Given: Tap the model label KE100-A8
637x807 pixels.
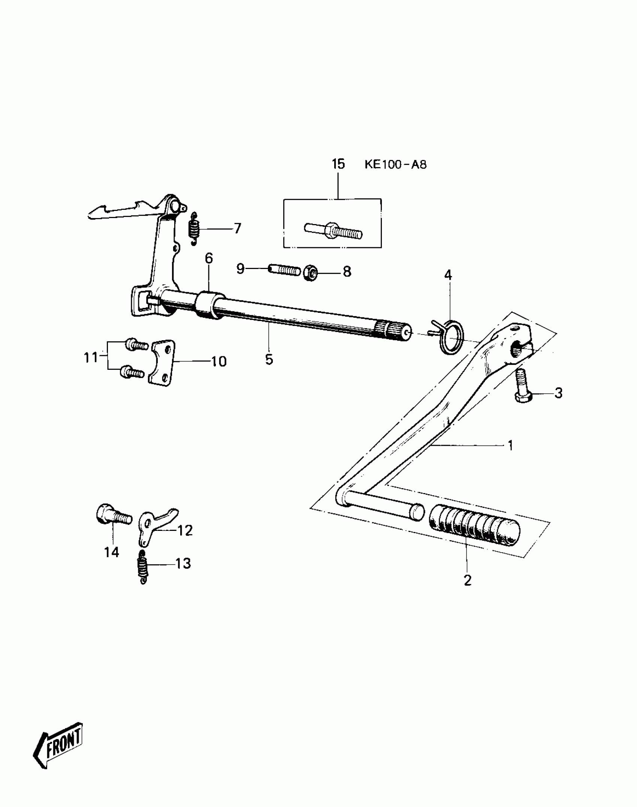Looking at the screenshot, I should pos(395,165).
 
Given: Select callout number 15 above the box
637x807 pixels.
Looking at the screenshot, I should pos(338,164).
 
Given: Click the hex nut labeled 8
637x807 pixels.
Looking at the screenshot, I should pos(310,273).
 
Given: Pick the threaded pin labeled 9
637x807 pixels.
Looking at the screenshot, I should pos(284,270).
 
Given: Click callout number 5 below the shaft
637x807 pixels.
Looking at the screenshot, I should pos(269,360).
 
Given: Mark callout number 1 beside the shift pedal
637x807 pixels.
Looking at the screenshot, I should pos(510,445).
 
